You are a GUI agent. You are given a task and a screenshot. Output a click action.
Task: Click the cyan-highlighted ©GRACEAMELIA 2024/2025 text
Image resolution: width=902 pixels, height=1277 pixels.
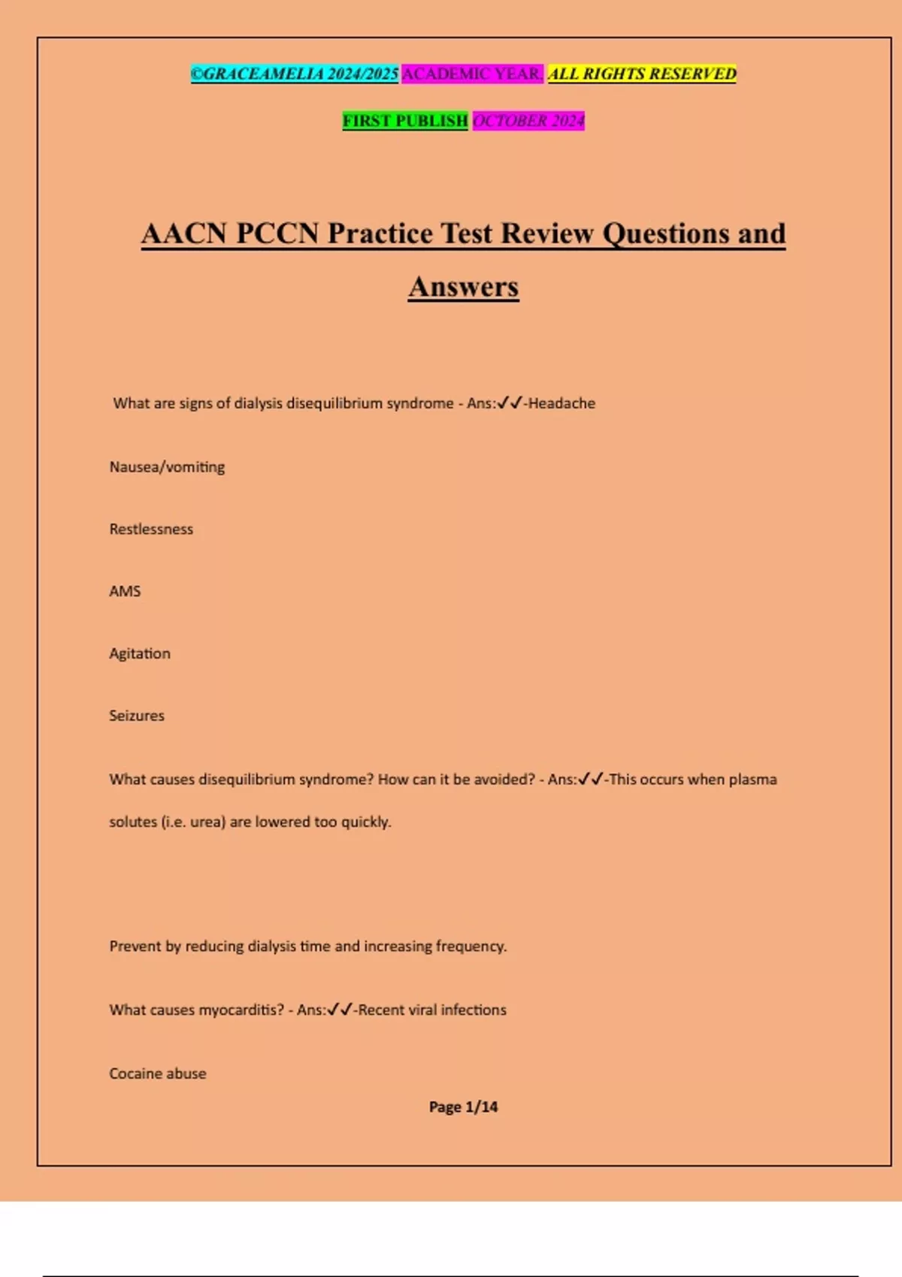pyautogui.click(x=294, y=74)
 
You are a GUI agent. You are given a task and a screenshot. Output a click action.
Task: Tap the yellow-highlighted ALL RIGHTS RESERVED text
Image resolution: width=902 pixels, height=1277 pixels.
pyautogui.click(x=642, y=74)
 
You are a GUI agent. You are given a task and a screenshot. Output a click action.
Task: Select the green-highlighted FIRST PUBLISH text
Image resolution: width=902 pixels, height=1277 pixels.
pyautogui.click(x=405, y=121)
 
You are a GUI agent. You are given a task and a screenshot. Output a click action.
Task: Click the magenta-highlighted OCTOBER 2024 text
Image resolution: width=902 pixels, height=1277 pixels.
pyautogui.click(x=528, y=121)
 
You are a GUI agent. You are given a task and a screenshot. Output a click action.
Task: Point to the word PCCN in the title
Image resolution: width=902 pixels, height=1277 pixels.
pyautogui.click(x=277, y=234)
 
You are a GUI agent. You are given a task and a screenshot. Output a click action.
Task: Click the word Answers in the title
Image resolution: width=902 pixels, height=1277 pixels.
pyautogui.click(x=463, y=287)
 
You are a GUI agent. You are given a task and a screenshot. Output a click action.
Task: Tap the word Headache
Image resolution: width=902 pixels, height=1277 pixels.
pyautogui.click(x=561, y=403)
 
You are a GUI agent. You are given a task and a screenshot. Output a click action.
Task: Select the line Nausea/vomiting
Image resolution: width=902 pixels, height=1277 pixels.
pyautogui.click(x=167, y=467)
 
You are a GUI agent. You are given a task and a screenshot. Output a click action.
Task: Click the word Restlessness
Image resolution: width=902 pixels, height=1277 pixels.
pyautogui.click(x=151, y=530)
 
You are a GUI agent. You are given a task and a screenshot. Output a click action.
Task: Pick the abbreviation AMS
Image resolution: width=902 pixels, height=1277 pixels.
pyautogui.click(x=125, y=592)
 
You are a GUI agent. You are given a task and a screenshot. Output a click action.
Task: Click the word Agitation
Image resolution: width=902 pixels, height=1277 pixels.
pyautogui.click(x=140, y=654)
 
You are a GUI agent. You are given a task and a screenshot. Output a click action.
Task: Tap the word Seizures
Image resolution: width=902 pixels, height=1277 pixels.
pyautogui.click(x=137, y=716)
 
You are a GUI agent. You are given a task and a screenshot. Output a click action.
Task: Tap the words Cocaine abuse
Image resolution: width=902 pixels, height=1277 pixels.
pyautogui.click(x=158, y=1074)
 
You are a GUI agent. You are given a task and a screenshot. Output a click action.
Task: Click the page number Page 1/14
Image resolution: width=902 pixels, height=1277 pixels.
pyautogui.click(x=463, y=1107)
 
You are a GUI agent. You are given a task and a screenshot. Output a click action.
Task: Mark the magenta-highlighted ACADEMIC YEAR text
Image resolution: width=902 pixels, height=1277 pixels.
pyautogui.click(x=472, y=74)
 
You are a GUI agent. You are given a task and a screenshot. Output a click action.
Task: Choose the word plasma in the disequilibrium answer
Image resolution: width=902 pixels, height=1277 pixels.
pyautogui.click(x=752, y=780)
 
